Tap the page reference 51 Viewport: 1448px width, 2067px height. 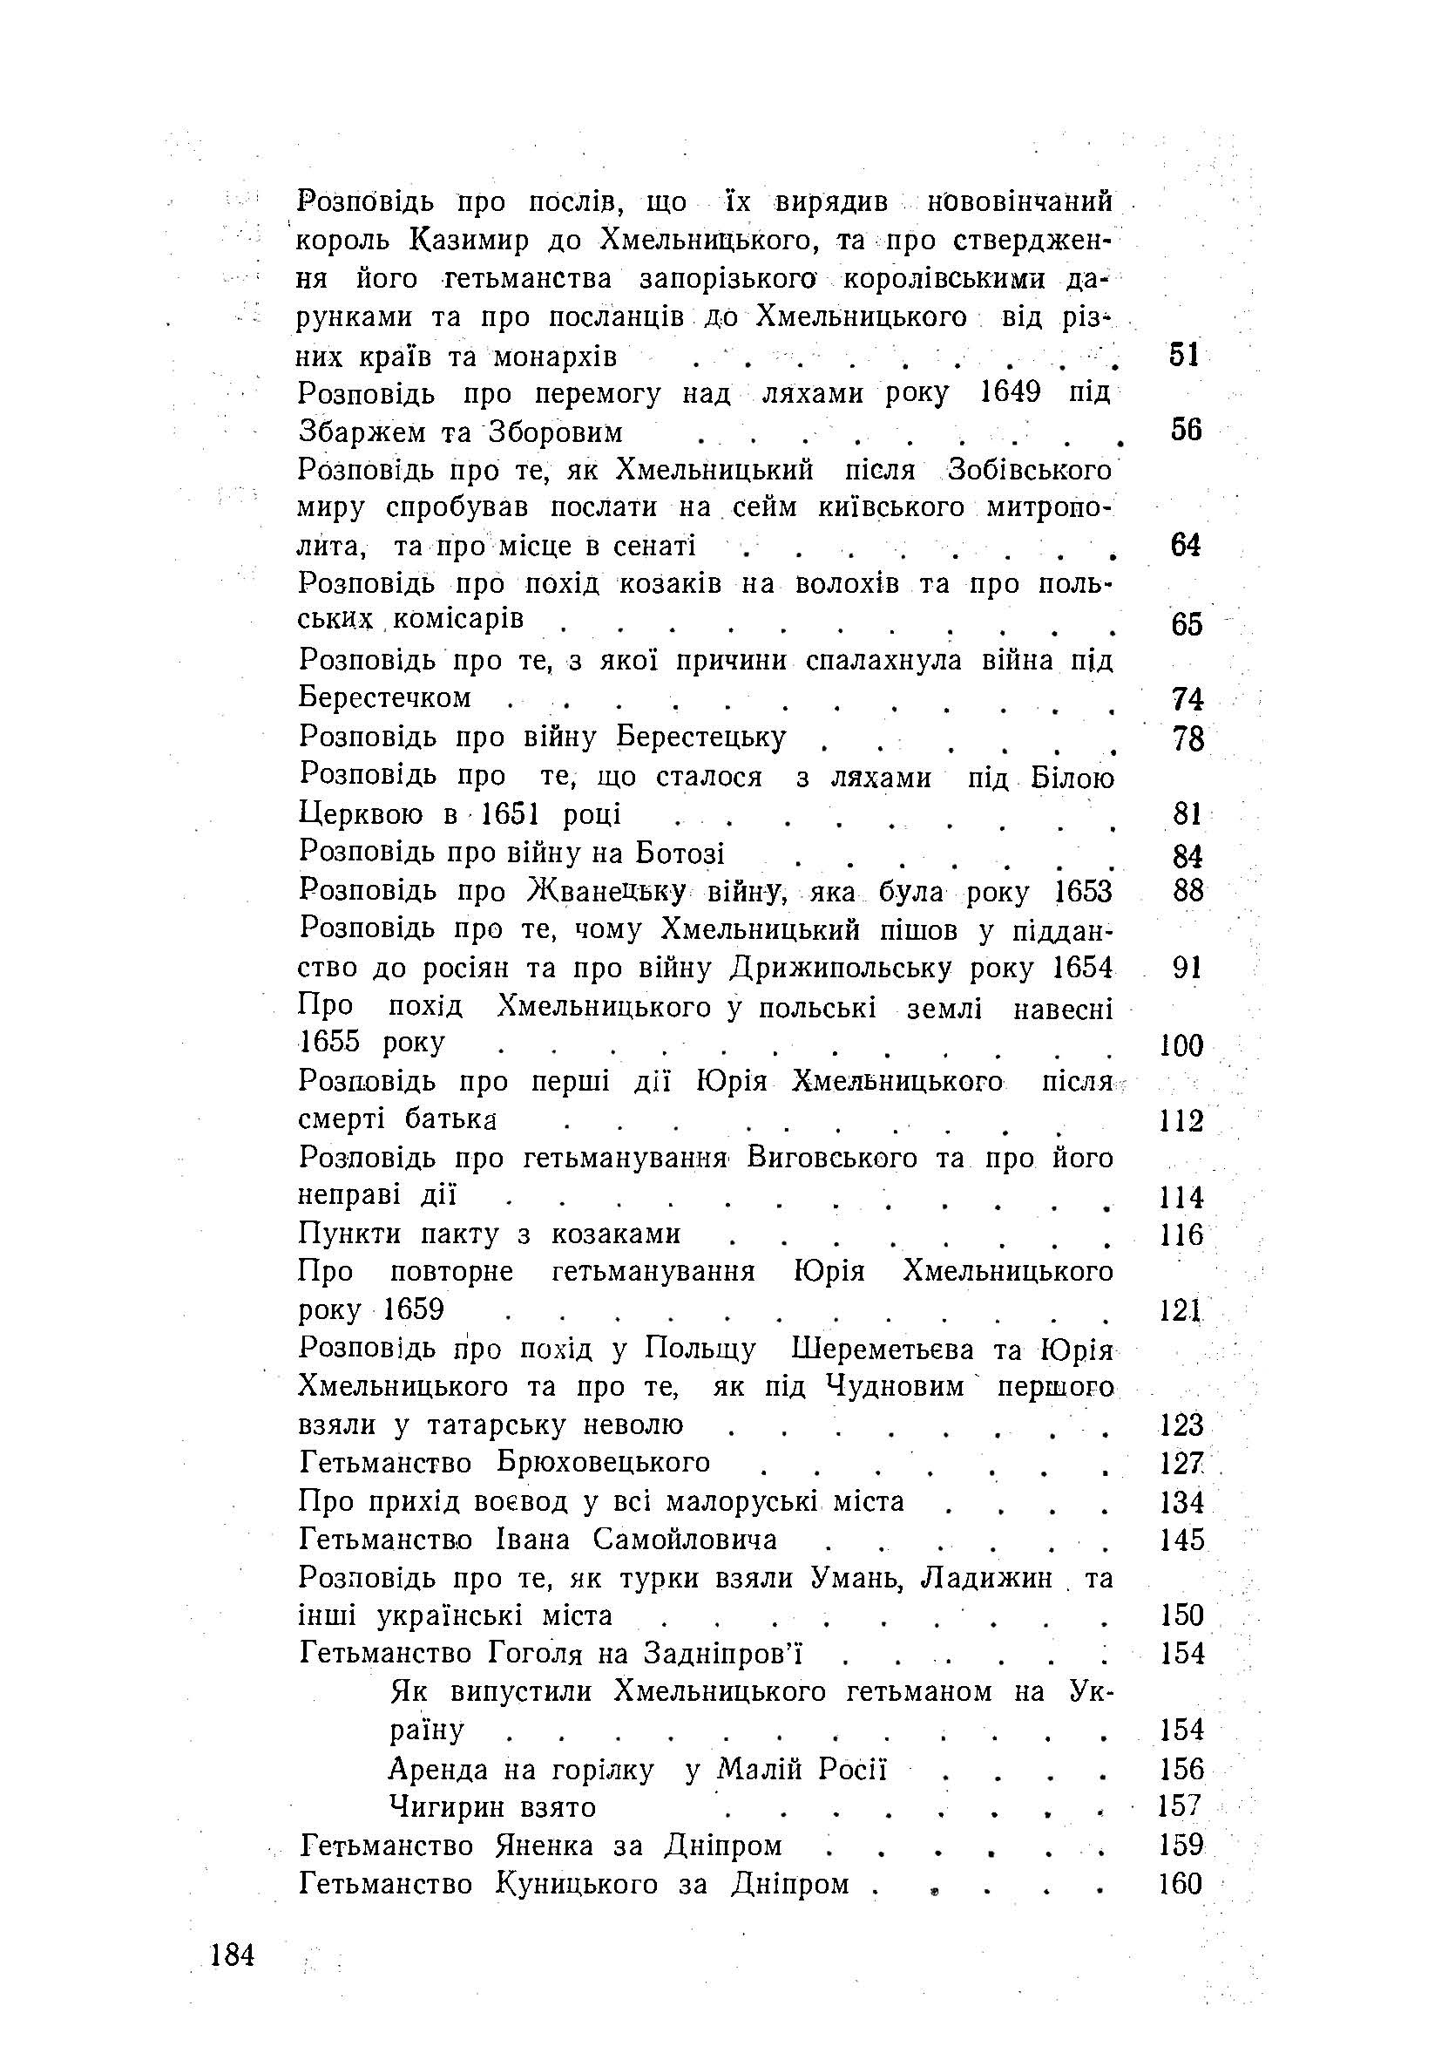pyautogui.click(x=1184, y=355)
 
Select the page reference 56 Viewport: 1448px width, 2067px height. pyautogui.click(x=1186, y=431)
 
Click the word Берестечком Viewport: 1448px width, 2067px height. pyautogui.click(x=385, y=697)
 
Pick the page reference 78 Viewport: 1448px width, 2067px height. pyautogui.click(x=1187, y=739)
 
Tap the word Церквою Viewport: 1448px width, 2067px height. pyautogui.click(x=360, y=814)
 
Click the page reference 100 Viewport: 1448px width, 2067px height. pyautogui.click(x=1181, y=1045)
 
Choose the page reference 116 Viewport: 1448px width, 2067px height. pyautogui.click(x=1181, y=1234)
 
